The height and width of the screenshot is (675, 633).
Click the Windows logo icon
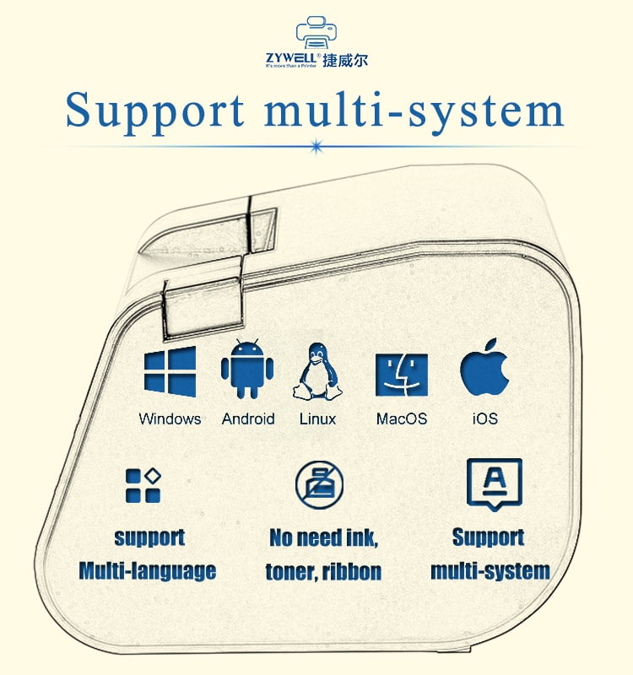click(170, 371)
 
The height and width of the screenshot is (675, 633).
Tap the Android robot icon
click(247, 368)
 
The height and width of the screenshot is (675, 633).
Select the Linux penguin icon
click(317, 371)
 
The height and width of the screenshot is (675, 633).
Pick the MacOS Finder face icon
click(402, 375)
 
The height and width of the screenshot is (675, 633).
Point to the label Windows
click(170, 418)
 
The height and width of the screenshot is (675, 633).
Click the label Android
click(248, 418)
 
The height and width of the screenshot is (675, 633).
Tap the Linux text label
click(318, 418)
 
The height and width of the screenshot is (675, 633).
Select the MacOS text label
click(402, 418)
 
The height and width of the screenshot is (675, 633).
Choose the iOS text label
click(485, 418)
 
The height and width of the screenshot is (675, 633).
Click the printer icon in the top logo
click(316, 33)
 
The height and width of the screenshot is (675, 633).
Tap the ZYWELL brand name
click(291, 57)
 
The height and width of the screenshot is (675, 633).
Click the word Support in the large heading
click(155, 111)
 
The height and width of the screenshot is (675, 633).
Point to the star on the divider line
click(317, 147)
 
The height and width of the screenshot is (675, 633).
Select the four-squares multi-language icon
click(143, 485)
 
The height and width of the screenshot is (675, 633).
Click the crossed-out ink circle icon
click(319, 484)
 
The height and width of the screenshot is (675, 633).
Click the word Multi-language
click(147, 571)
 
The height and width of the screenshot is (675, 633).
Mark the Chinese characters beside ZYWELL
click(345, 60)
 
